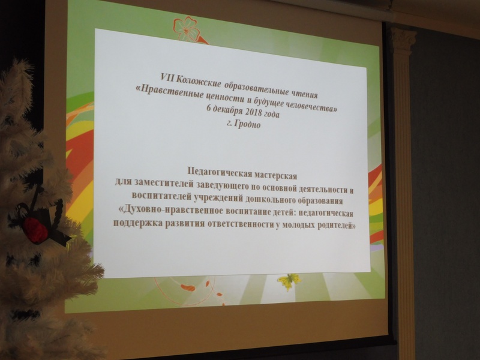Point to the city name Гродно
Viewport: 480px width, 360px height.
247,124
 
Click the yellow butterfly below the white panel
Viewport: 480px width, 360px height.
289,281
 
